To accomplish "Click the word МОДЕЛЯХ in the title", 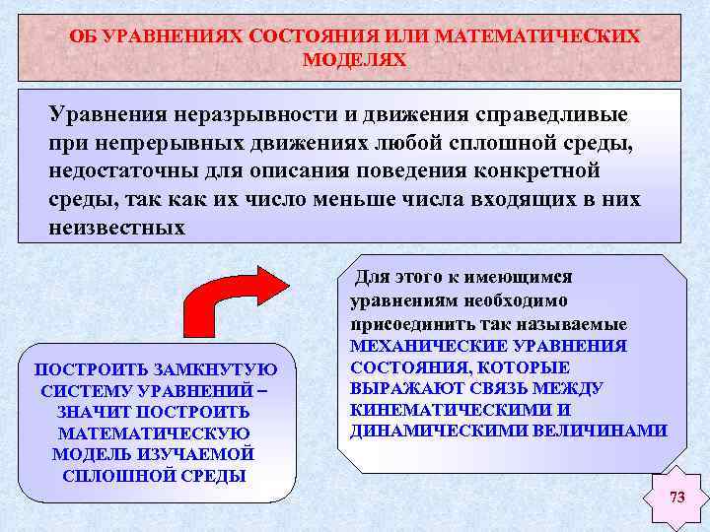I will [354, 59].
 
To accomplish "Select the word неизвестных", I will [116, 228].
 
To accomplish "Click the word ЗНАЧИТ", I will [92, 412].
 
